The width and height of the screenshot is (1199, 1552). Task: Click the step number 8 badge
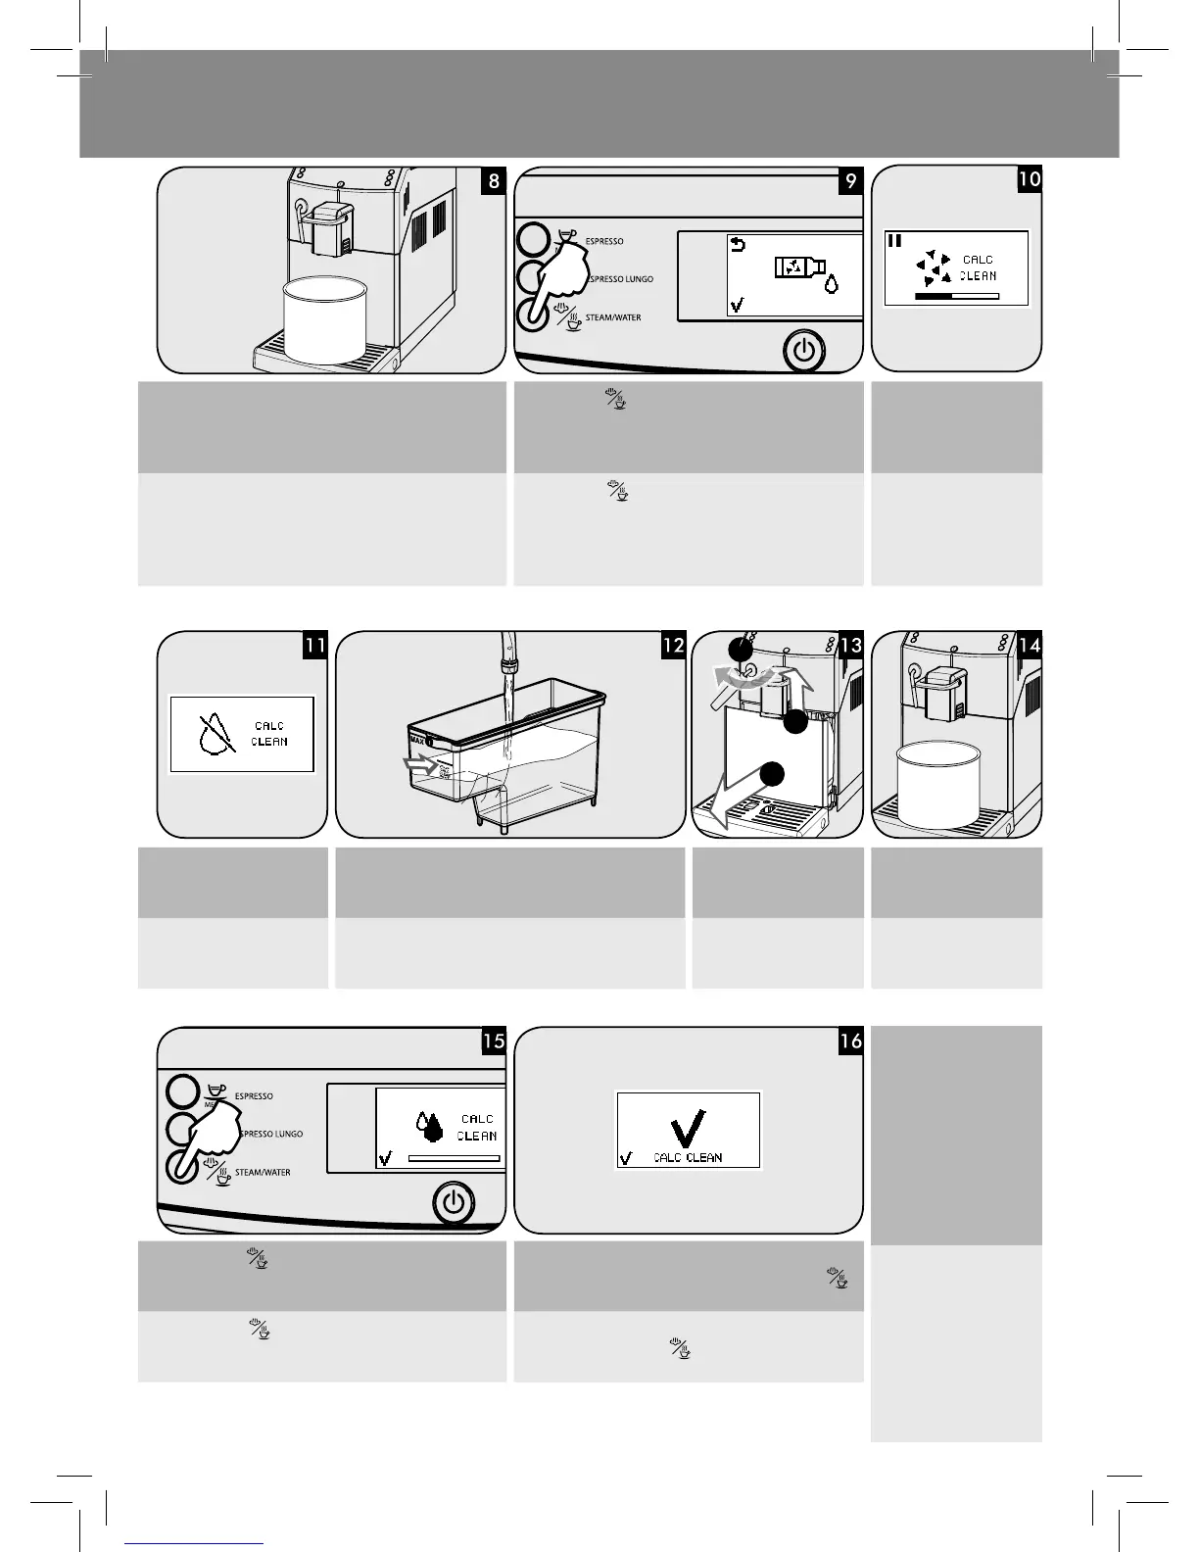click(494, 181)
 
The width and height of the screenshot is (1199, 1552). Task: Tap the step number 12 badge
click(673, 646)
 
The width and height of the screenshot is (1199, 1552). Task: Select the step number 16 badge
click(850, 1042)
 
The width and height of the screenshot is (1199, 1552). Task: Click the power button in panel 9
click(804, 351)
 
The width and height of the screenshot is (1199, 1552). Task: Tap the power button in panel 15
click(453, 1203)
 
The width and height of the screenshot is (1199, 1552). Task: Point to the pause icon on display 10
click(894, 239)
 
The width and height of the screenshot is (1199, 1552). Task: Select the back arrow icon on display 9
click(739, 243)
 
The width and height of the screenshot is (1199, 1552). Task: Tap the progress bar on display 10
click(956, 294)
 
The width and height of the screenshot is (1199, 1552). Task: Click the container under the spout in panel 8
click(324, 319)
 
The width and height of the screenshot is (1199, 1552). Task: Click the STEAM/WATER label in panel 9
click(612, 317)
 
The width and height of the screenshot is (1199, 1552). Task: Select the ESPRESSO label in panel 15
click(254, 1096)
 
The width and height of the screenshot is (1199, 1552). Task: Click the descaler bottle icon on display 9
click(798, 266)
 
